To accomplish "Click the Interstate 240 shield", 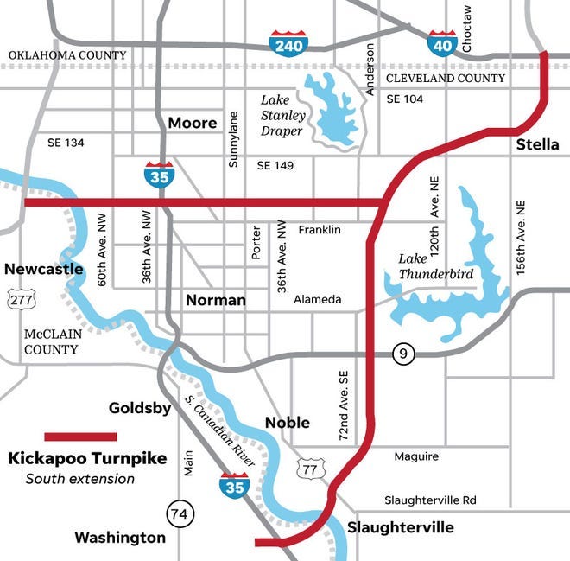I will point(288,42).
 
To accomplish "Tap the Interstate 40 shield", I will point(442,42).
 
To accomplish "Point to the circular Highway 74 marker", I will point(181,513).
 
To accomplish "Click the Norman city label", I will point(216,301).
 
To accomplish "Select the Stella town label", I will point(537,144).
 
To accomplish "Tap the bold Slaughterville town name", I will point(400,527).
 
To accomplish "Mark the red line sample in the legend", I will point(80,437).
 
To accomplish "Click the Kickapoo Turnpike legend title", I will point(86,458).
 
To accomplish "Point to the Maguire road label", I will point(416,456).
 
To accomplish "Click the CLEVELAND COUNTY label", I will point(445,79).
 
